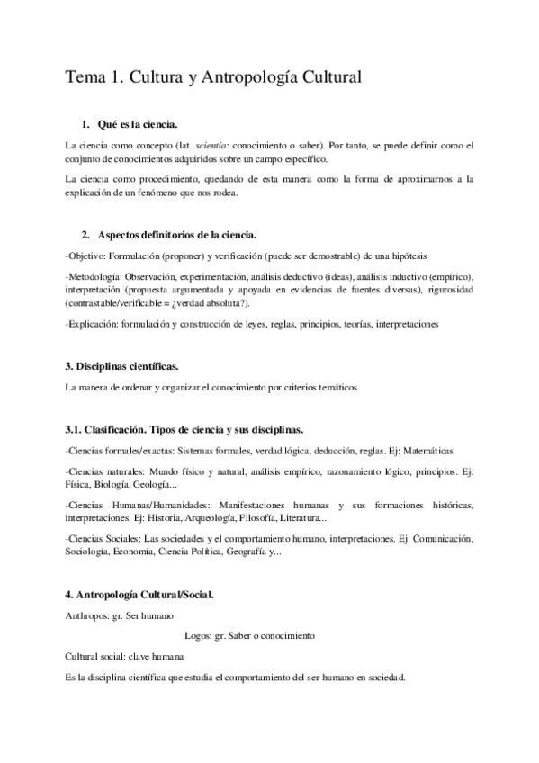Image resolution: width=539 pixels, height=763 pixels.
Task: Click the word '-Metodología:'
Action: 94,276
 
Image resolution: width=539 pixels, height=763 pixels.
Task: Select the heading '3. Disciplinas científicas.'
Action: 122,366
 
